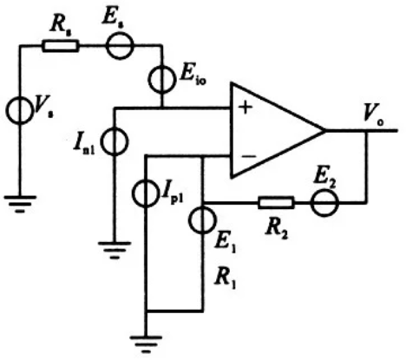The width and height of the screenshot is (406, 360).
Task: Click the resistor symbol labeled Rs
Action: coord(61,46)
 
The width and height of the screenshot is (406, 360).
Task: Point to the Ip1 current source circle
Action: coord(134,193)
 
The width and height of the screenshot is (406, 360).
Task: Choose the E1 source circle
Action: coord(189,220)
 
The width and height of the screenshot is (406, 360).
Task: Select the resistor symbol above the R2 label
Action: coord(276,202)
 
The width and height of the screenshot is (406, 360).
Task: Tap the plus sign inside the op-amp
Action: coord(246,108)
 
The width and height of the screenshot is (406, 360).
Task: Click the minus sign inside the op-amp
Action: coord(248,156)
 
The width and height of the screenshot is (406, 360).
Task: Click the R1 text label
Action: coord(226,279)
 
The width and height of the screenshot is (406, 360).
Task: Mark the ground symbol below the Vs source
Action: coord(20,204)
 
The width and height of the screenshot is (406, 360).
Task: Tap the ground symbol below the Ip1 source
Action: coord(146,344)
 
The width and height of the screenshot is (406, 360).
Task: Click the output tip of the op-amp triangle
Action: coord(324,130)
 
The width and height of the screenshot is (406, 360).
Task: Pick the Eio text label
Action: coord(193,76)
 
